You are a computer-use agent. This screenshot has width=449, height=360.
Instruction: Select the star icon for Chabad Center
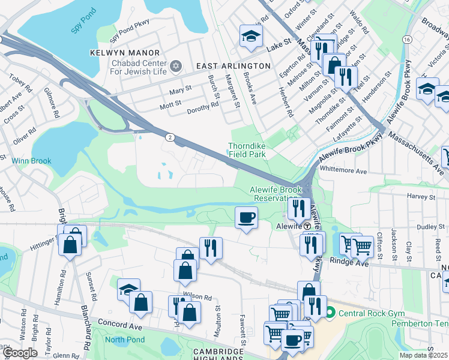pos(175,65)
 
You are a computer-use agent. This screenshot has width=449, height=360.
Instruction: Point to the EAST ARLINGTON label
pos(234,65)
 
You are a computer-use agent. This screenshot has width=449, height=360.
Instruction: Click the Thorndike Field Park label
pos(247,150)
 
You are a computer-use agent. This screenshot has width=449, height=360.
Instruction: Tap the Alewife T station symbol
pos(307,226)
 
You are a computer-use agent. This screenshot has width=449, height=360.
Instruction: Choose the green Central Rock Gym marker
pos(330,313)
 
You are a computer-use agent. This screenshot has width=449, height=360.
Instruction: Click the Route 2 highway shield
pos(170,138)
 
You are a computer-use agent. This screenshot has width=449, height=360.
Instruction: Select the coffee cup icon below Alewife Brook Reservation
pos(246,217)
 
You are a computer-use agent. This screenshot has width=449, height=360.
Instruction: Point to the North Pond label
pos(120,340)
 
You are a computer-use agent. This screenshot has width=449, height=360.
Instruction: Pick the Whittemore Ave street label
pos(343,171)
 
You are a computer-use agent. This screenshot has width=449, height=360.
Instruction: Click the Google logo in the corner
pos(20,353)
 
